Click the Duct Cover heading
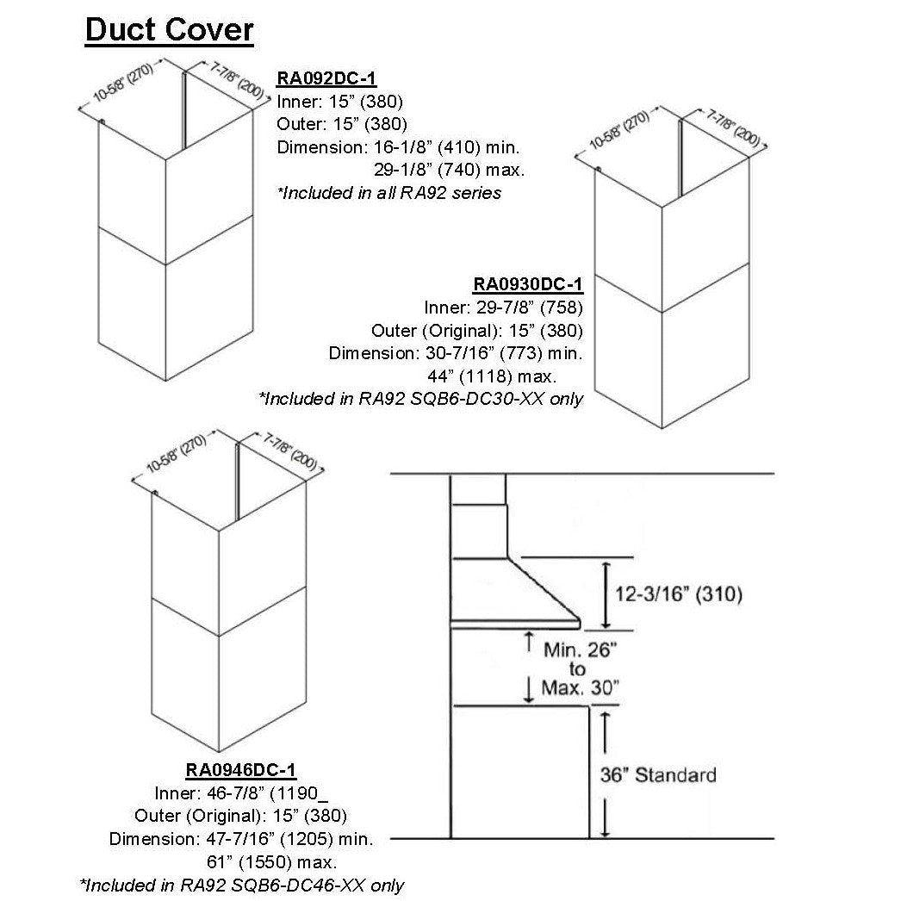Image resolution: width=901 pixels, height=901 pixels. tap(169, 31)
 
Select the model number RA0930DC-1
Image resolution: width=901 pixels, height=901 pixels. tap(528, 285)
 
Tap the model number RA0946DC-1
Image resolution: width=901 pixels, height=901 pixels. tap(241, 769)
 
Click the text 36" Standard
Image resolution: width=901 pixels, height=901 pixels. tap(657, 774)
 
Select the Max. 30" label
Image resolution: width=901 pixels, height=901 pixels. tap(580, 687)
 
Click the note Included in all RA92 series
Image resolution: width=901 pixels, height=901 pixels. tap(389, 193)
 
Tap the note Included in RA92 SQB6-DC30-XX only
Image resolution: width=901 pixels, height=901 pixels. tap(421, 399)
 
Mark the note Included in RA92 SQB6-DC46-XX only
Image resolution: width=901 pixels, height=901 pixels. tap(241, 885)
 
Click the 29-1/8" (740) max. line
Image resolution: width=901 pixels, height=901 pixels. tap(449, 170)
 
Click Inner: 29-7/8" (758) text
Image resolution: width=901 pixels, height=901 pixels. tap(505, 308)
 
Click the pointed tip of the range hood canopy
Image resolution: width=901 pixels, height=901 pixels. tap(578, 623)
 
